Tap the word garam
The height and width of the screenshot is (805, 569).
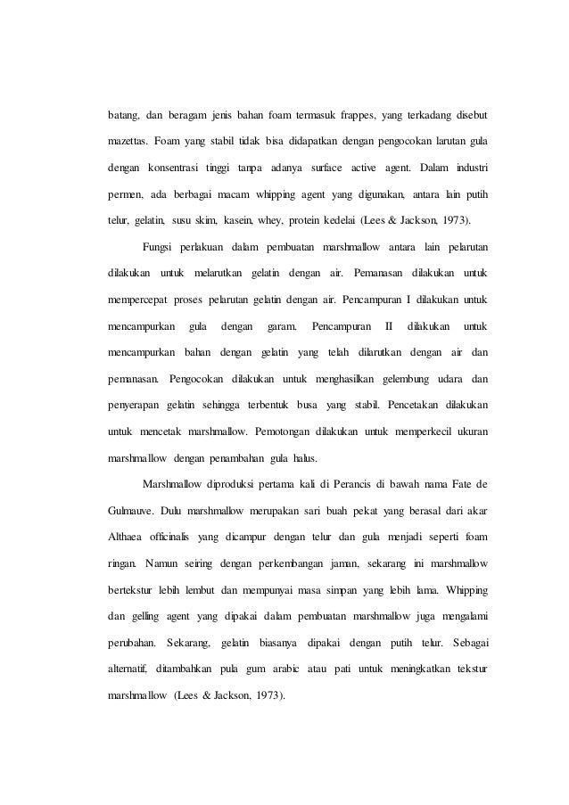point(282,323)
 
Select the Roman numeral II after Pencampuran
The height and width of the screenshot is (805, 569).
point(387,323)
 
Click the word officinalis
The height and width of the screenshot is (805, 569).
point(177,537)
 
